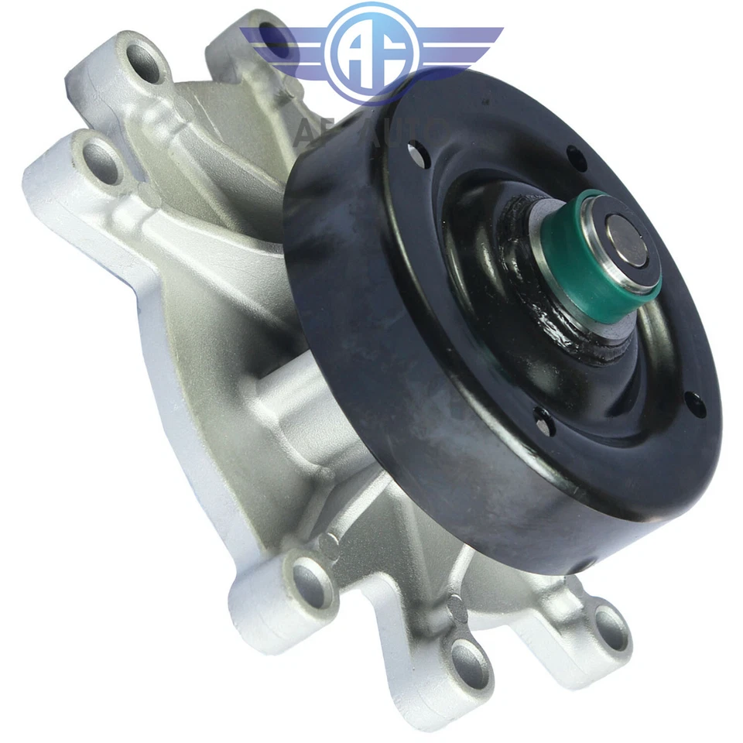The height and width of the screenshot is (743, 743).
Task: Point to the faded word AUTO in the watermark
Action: (x=411, y=132)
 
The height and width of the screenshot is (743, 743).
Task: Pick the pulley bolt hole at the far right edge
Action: (x=693, y=402)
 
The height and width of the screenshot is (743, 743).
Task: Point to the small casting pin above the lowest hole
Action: (x=457, y=609)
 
